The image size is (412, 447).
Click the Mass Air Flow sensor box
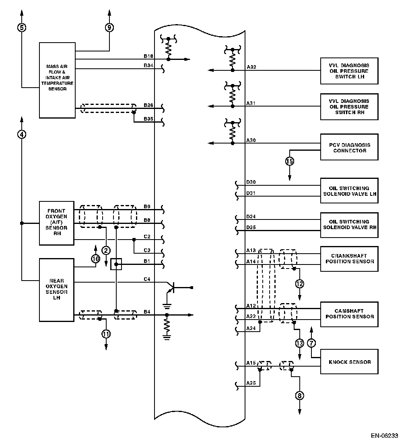[57, 80]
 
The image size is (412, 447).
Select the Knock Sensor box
[349, 362]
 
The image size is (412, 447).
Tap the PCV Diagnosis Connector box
[349, 148]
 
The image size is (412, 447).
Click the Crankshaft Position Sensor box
[349, 258]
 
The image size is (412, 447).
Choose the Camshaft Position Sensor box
[349, 314]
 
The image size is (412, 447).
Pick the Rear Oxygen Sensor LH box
[57, 289]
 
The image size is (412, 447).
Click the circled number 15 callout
[290, 162]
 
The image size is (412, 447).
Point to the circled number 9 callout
[109, 27]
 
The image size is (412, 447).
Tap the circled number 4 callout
[22, 134]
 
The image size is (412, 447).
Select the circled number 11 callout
[106, 334]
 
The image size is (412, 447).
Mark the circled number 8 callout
[299, 396]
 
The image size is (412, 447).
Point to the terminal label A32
[251, 68]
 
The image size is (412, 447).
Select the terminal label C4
[147, 279]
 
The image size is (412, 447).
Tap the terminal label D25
[251, 228]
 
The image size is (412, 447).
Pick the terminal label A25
[251, 383]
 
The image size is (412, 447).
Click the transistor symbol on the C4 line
[172, 288]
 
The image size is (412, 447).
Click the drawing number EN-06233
[385, 435]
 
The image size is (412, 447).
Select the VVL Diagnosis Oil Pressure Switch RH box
[349, 107]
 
